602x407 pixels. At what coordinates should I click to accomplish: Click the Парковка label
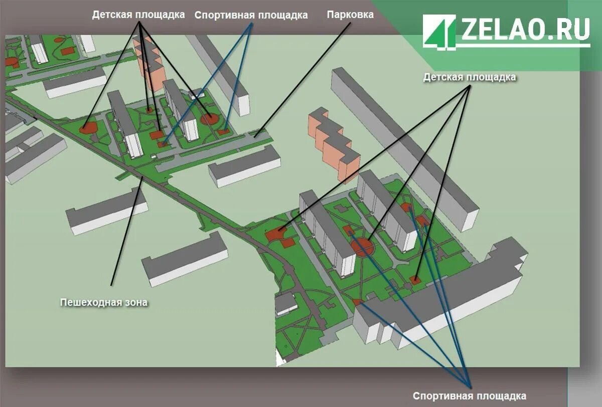(350, 15)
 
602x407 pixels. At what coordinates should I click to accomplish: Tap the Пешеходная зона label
(104, 302)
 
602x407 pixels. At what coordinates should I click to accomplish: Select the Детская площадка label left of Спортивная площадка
(138, 15)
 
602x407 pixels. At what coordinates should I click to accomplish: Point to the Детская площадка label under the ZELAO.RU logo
(469, 77)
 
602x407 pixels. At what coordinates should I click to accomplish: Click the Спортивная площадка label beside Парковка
(251, 15)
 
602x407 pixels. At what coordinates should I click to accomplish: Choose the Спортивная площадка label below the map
(469, 396)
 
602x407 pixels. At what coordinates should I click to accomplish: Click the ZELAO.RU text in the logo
(525, 30)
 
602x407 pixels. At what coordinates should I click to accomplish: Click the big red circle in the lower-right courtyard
(362, 247)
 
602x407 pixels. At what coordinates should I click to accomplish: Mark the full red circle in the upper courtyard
(209, 119)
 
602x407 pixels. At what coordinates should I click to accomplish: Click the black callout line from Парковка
(306, 75)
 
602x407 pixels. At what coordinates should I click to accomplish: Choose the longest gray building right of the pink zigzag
(401, 145)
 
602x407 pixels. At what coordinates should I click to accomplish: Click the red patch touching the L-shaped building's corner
(358, 302)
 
